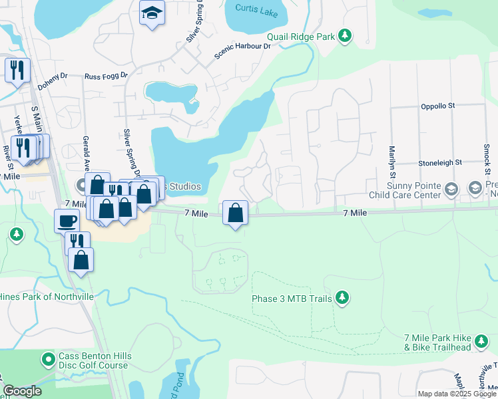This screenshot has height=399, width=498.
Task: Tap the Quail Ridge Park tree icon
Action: [x=344, y=36]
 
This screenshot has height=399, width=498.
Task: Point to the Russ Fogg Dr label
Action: [x=105, y=77]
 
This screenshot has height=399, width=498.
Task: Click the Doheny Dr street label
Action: [x=53, y=82]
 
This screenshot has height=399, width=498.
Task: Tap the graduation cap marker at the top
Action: [x=152, y=13]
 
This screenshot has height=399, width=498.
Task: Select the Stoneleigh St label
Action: [x=440, y=162]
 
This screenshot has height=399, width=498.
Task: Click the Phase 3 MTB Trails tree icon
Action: [x=342, y=297]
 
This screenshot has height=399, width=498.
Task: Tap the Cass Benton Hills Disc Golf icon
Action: [x=48, y=360]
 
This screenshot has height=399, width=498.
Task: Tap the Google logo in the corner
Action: [x=22, y=391]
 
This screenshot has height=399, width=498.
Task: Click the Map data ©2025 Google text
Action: [x=457, y=394]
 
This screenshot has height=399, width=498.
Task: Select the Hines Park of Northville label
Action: [x=47, y=296]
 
